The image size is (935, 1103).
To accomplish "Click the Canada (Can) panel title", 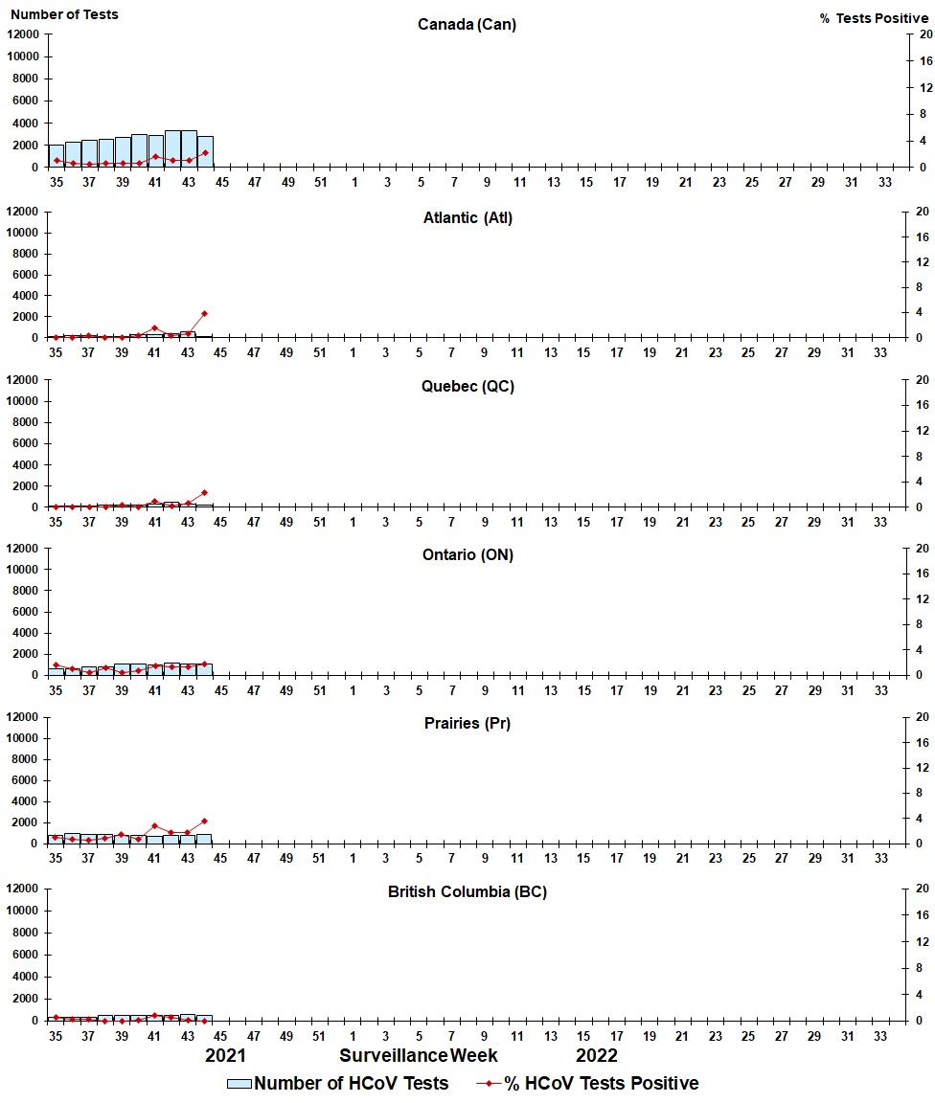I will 467,24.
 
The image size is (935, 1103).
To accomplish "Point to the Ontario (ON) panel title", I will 467,554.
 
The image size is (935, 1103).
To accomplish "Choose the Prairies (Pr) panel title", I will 467,723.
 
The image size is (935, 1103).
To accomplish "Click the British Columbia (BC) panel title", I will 467,891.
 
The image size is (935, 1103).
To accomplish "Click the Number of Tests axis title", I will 64,14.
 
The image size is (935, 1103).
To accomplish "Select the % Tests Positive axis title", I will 874,18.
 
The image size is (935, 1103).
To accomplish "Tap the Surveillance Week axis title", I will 419,1055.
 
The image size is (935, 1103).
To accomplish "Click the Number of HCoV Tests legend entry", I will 337,1084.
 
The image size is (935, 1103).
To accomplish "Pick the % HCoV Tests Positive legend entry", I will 588,1084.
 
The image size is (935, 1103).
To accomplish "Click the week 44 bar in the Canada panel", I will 205,151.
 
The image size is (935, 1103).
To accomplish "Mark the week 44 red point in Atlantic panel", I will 205,313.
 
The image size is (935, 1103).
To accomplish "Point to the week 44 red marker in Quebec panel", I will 205,492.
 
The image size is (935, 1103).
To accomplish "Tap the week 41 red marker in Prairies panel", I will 154,825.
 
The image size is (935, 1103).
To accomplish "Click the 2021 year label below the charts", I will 226,1055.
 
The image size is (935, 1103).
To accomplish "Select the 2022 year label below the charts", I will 596,1055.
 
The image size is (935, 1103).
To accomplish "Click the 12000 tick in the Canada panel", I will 22,34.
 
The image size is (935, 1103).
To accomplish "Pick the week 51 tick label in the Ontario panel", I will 319,689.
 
